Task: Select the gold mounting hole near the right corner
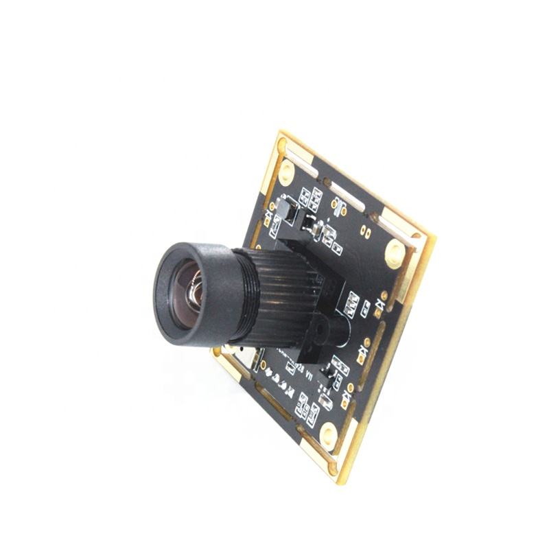click(395, 254)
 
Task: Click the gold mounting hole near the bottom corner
click(329, 432)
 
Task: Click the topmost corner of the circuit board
click(281, 132)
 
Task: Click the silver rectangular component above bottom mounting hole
click(327, 401)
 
